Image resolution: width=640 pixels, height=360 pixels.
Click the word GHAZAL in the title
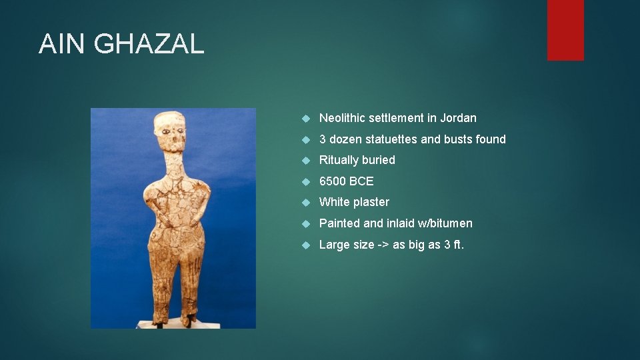(149, 44)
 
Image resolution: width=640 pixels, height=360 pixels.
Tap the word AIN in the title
(63, 44)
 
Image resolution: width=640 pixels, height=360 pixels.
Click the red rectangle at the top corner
(565, 29)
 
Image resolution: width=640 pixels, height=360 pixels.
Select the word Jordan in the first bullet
(459, 118)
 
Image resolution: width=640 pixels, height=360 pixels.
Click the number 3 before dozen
(323, 139)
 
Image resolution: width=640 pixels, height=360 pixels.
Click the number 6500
(333, 181)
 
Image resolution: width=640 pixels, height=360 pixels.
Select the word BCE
(362, 181)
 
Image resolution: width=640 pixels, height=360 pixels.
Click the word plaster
(372, 202)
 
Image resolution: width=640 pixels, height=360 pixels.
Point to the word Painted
(339, 223)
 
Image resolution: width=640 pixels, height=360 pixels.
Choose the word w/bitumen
(444, 223)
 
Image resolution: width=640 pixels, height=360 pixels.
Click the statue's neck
(171, 163)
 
